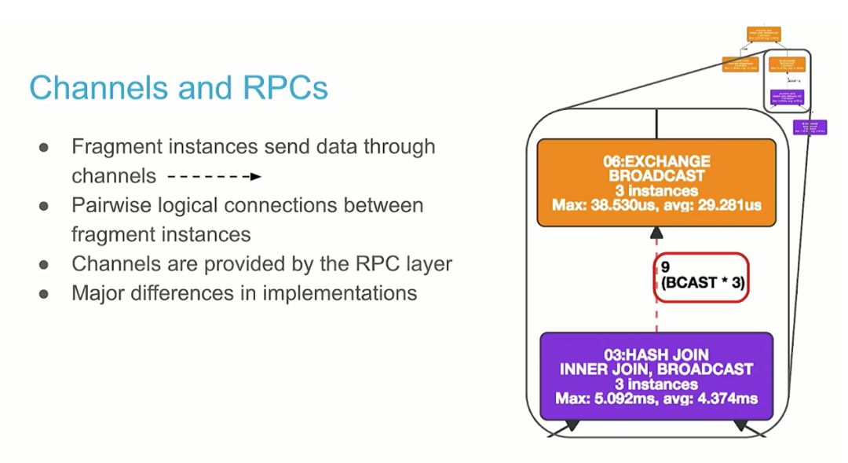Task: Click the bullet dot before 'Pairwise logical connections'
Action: [x=45, y=205]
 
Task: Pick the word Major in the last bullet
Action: [x=97, y=292]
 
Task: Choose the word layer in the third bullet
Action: [x=429, y=263]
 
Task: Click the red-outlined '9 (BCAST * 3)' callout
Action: [x=701, y=276]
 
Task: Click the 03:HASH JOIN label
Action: [x=656, y=355]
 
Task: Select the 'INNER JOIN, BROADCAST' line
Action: [x=656, y=369]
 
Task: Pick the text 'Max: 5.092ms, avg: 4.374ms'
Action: [x=656, y=399]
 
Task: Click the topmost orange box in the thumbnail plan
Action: [x=763, y=34]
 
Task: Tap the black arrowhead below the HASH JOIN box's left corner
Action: [x=572, y=425]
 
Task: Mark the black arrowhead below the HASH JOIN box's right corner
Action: [x=740, y=425]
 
